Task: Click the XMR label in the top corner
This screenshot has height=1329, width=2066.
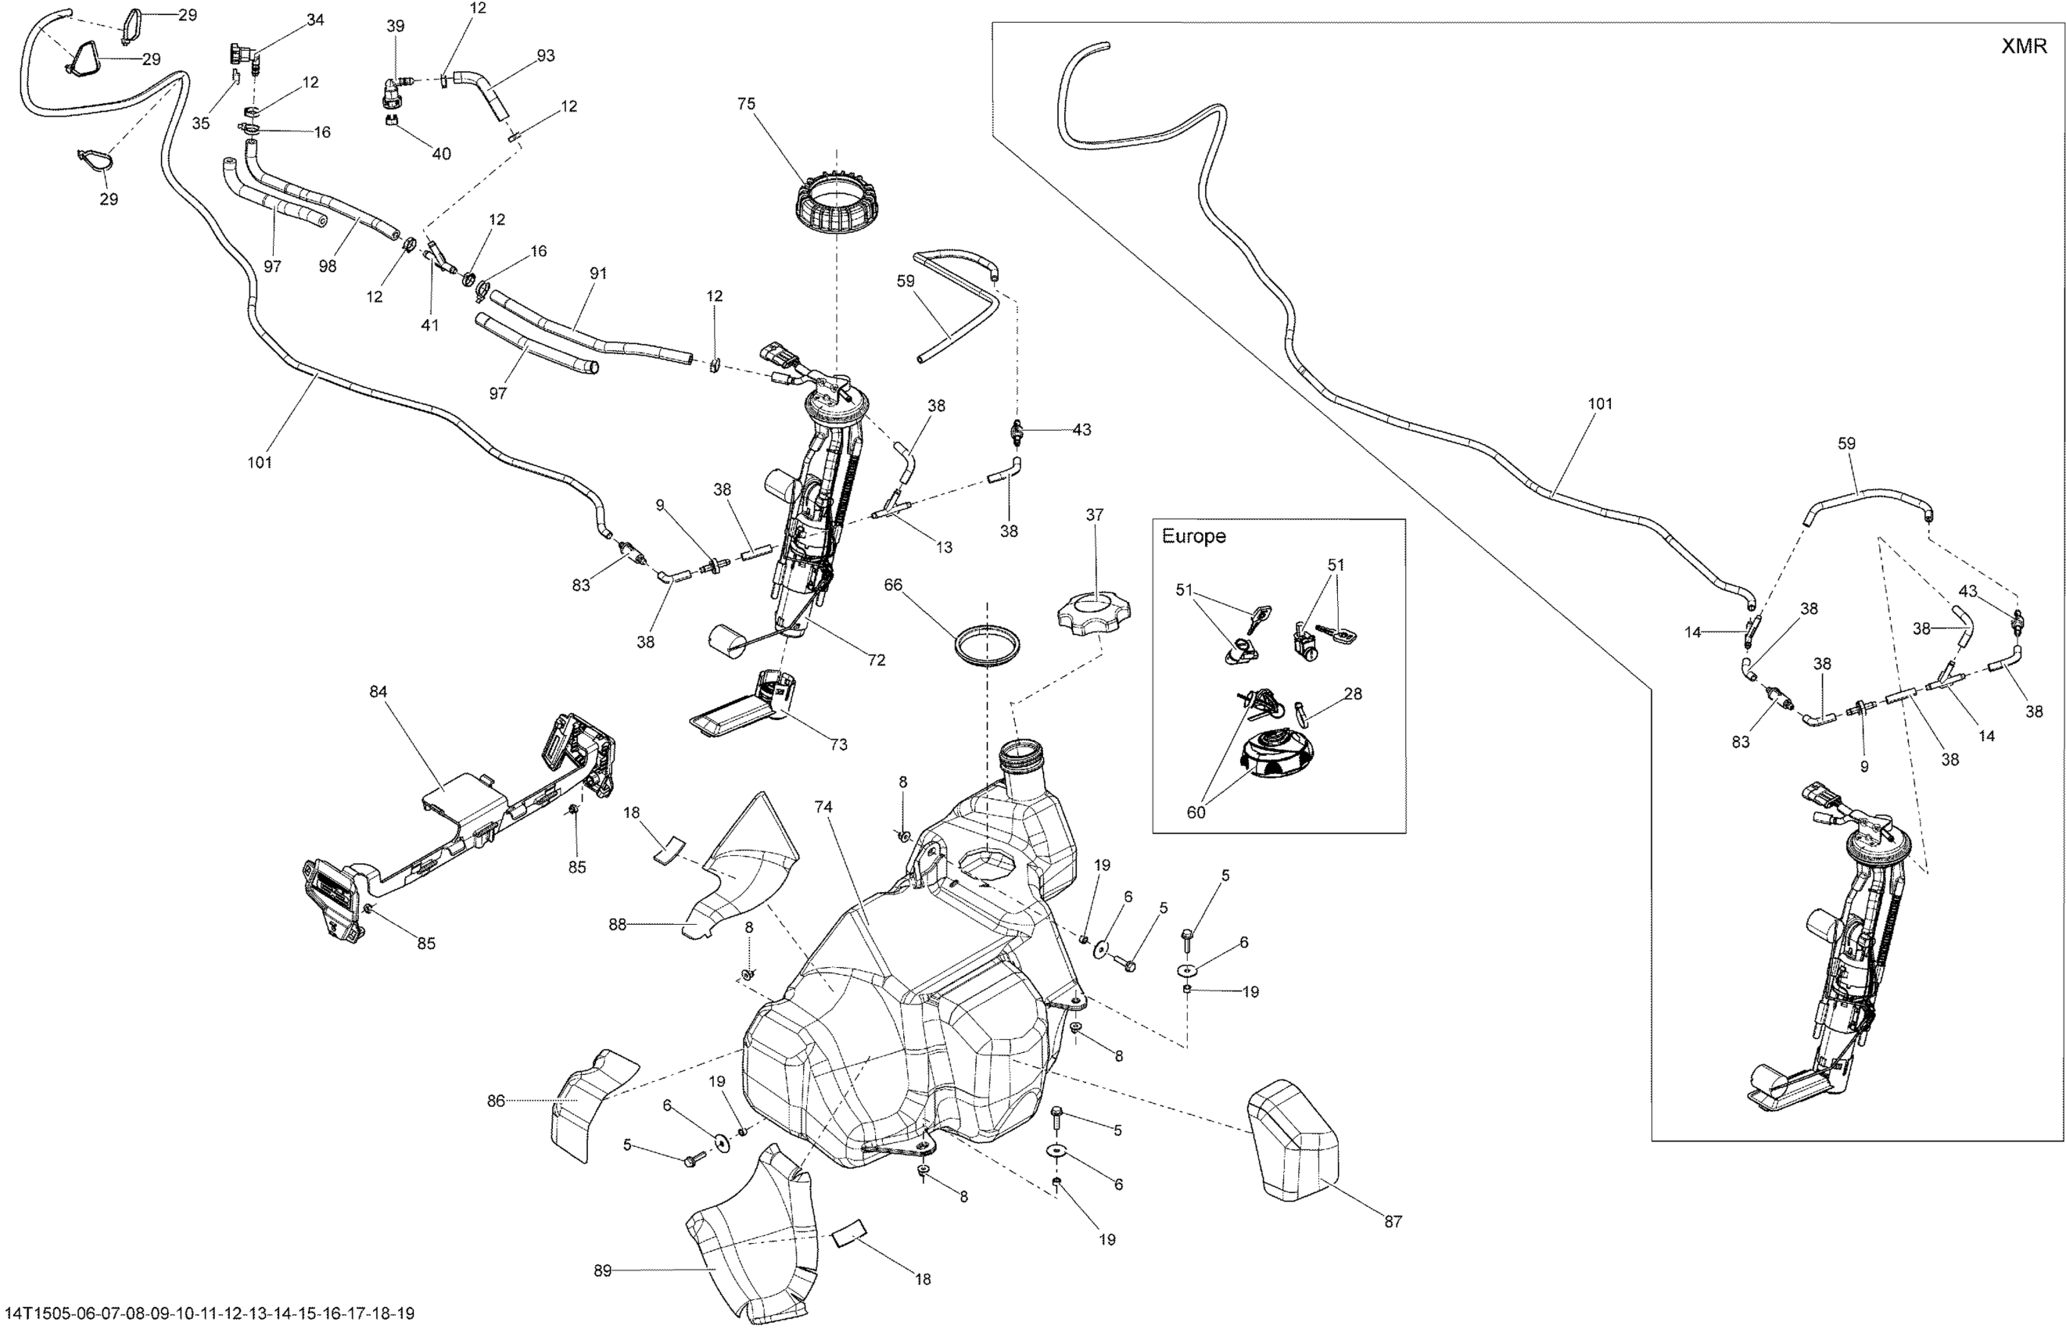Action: [x=2023, y=47]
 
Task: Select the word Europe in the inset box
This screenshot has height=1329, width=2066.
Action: [x=1193, y=536]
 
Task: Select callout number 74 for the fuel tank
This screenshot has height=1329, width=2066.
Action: [x=823, y=807]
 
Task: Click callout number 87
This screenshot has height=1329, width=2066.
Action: [x=1393, y=1221]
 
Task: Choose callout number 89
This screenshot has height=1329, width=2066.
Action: [x=603, y=1270]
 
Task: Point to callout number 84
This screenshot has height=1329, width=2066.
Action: [x=378, y=691]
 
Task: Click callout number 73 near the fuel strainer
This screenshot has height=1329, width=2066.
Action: [x=838, y=744]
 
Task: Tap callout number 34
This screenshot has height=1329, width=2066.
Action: [x=316, y=20]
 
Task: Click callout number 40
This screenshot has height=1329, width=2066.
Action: [x=441, y=155]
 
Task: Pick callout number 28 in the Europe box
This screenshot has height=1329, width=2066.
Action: [x=1352, y=694]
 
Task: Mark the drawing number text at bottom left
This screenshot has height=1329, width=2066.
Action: [x=207, y=1313]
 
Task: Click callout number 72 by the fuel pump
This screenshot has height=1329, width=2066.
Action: [x=876, y=660]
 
